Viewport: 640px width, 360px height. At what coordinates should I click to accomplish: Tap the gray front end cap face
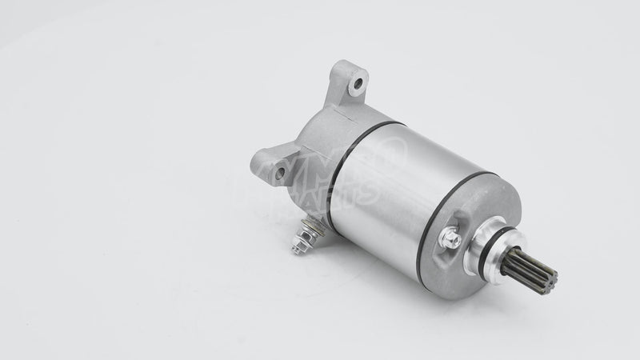pyautogui.click(x=480, y=216)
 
